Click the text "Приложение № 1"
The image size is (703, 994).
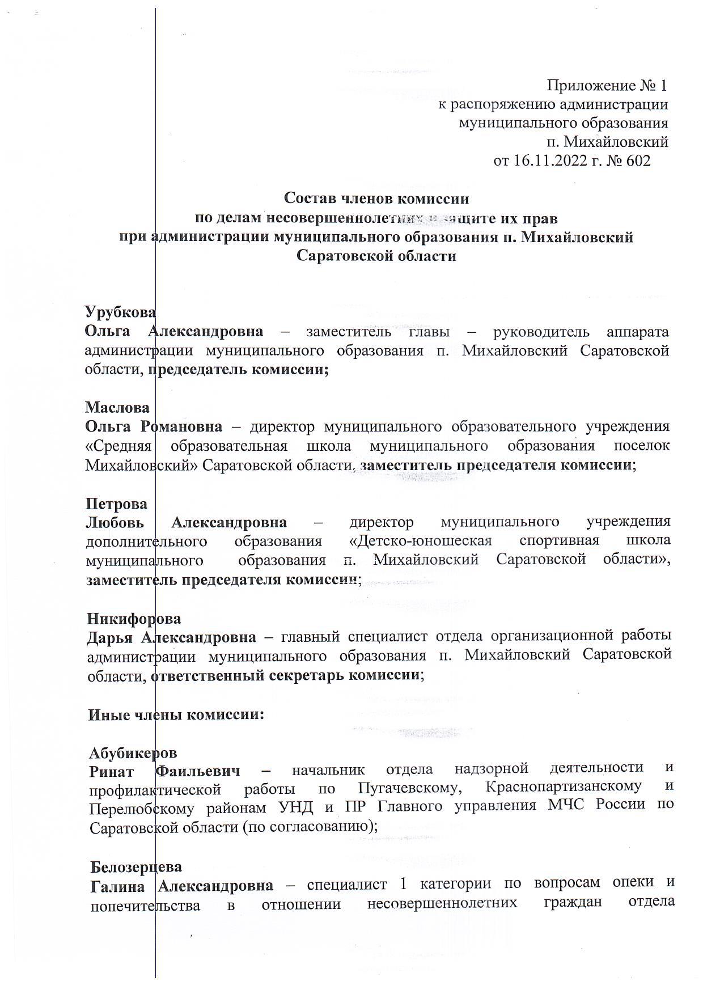607,86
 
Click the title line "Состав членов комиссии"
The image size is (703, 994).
376,198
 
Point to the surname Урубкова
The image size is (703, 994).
120,312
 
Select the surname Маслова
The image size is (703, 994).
117,407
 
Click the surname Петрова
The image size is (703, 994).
116,504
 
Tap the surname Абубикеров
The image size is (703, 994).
133,752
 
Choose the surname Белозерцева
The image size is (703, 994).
136,867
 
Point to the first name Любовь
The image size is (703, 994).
115,522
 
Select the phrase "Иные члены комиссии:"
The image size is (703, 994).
176,714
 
